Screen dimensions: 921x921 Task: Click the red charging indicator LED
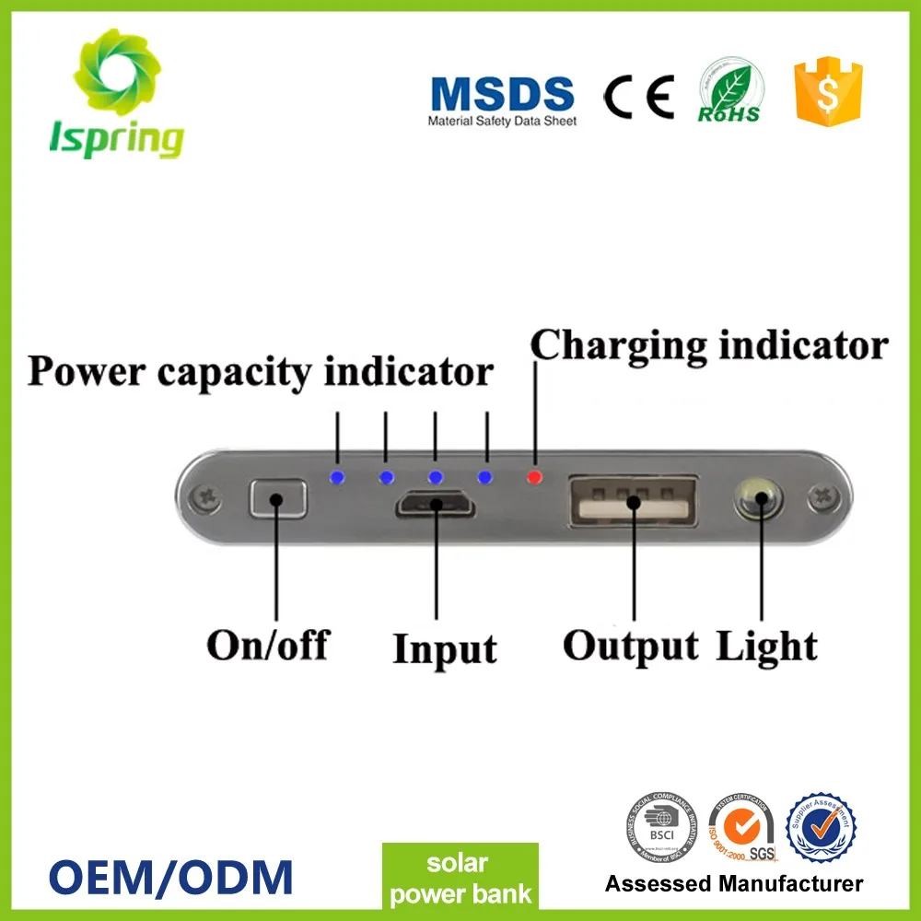pyautogui.click(x=532, y=477)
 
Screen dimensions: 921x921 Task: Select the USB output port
pyautogui.click(x=633, y=502)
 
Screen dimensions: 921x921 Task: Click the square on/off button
pyautogui.click(x=277, y=500)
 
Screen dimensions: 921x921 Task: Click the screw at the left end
pyautogui.click(x=204, y=500)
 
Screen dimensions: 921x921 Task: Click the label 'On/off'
pyautogui.click(x=267, y=645)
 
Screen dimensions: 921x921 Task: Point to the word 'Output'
pyautogui.click(x=631, y=647)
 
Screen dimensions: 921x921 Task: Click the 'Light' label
pyautogui.click(x=766, y=646)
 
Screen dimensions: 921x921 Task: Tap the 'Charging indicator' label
pyautogui.click(x=709, y=346)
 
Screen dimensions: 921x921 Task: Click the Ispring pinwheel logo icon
pyautogui.click(x=116, y=73)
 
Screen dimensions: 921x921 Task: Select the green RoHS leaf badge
pyautogui.click(x=729, y=89)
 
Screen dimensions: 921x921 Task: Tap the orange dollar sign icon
pyautogui.click(x=828, y=90)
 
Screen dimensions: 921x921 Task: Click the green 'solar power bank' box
pyautogui.click(x=459, y=879)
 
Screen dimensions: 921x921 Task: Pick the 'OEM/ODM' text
pyautogui.click(x=169, y=875)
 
